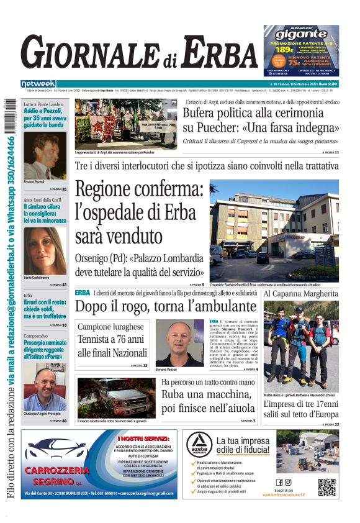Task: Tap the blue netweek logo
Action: (38, 84)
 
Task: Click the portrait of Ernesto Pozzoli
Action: (45, 155)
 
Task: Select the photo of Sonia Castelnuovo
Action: (45, 250)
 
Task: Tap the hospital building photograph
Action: (274, 228)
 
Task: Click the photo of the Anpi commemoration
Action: (125, 124)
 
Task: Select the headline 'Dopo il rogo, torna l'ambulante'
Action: (166, 306)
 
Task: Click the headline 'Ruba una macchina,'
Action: (208, 394)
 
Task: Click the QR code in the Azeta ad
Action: (326, 487)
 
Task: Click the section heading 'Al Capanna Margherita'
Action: (301, 293)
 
